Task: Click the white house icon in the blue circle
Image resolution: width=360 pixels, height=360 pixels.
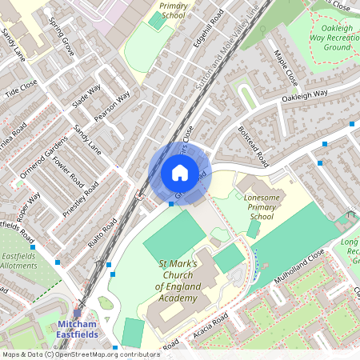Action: tap(180, 172)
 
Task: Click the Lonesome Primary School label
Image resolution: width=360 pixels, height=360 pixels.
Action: tap(261, 205)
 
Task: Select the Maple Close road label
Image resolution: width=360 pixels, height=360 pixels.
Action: tap(286, 70)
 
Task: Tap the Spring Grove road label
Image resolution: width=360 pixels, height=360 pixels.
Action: tap(62, 36)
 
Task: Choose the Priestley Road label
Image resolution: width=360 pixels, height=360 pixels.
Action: tap(81, 200)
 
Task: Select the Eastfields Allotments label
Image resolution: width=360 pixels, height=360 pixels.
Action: tap(18, 261)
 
